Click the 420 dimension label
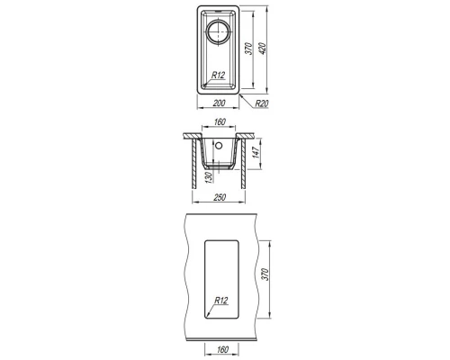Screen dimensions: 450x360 [262, 49]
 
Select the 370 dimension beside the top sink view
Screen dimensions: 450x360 [248, 49]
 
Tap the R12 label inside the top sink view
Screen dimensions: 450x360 [218, 75]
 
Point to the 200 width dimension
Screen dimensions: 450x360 [219, 103]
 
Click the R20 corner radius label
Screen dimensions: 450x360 [262, 103]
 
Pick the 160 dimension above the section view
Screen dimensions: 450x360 [220, 122]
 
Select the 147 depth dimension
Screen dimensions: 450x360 [256, 153]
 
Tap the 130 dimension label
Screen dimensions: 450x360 [209, 177]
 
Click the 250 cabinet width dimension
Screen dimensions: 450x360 [220, 197]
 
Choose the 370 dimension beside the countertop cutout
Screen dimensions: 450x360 [265, 274]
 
